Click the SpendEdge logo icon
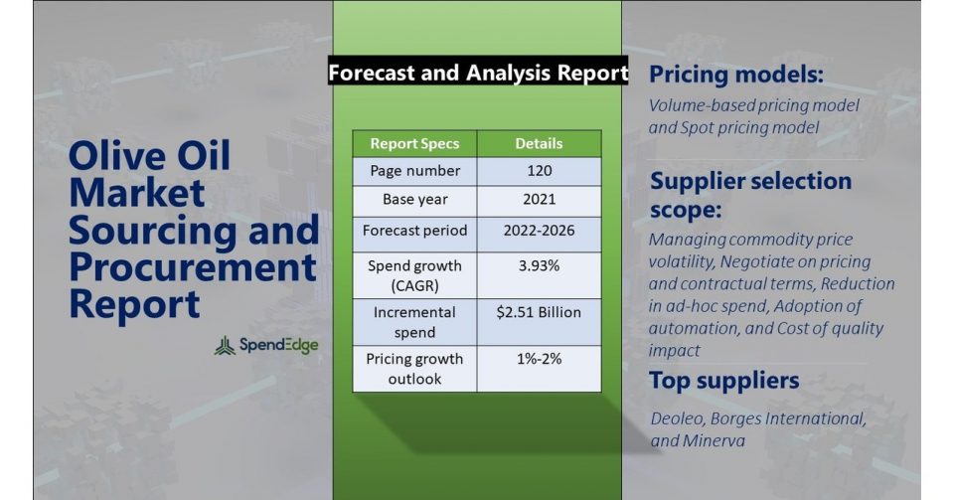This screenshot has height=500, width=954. click(x=225, y=346)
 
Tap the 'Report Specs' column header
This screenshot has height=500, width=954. click(x=415, y=143)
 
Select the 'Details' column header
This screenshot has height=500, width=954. click(x=539, y=143)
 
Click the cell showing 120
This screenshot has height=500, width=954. click(x=539, y=171)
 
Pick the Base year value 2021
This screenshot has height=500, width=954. click(x=539, y=200)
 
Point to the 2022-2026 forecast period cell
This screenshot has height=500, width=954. click(x=539, y=231)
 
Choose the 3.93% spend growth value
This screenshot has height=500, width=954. click(x=539, y=265)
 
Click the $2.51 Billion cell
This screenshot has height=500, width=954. click(x=539, y=312)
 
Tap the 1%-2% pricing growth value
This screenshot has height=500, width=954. click(x=539, y=359)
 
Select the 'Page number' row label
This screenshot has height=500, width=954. click(x=415, y=171)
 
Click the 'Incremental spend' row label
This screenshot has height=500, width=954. click(x=415, y=322)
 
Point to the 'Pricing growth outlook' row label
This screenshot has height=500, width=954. click(x=415, y=369)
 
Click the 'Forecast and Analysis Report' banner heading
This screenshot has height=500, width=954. click(x=478, y=73)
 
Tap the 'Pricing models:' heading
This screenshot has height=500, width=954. click(x=736, y=75)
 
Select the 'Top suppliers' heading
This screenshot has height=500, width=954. click(x=724, y=381)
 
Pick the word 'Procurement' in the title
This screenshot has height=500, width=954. click(x=193, y=267)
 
